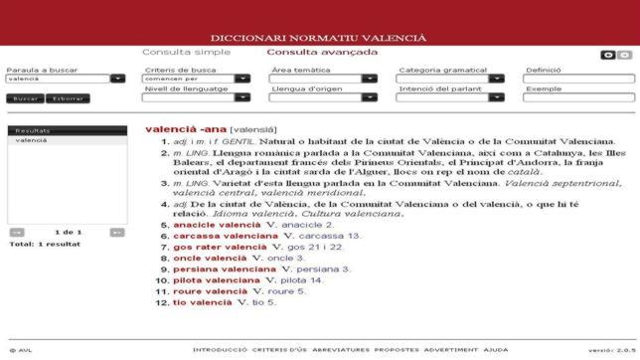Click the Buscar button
(25, 98)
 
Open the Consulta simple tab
(186, 52)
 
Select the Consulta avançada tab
(322, 52)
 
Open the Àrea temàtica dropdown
(323, 78)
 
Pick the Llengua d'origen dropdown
(323, 96)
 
